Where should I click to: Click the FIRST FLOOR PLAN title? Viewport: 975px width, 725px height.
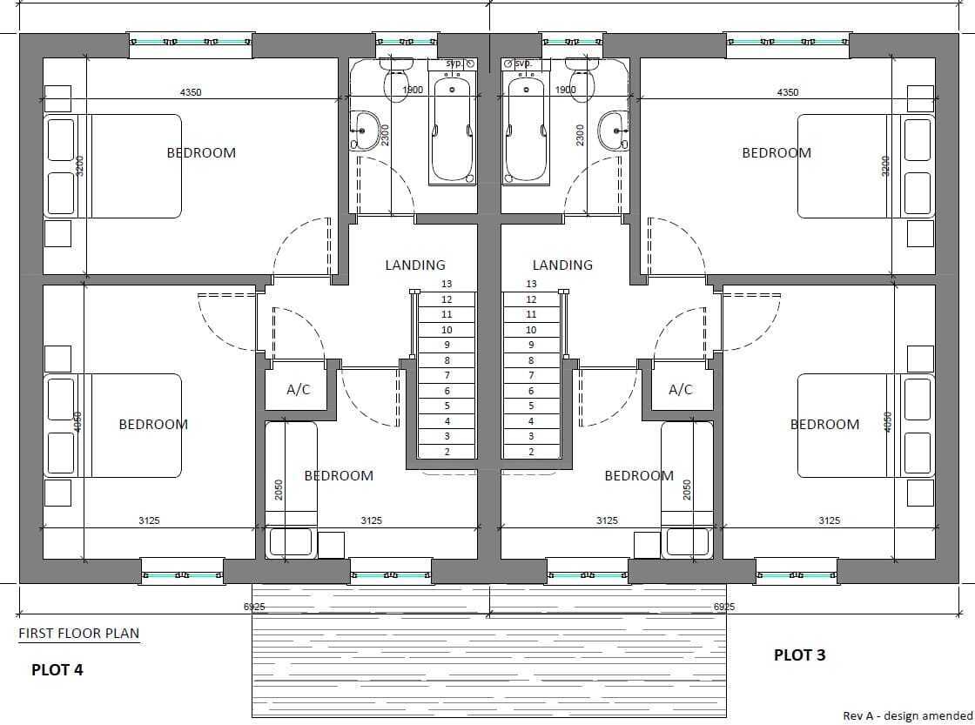pyautogui.click(x=79, y=633)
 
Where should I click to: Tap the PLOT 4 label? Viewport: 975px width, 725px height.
pyautogui.click(x=57, y=669)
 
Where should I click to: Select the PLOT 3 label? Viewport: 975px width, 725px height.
pyautogui.click(x=800, y=655)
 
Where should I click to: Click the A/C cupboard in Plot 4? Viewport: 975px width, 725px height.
pyautogui.click(x=297, y=389)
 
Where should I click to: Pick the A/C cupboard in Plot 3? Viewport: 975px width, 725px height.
pyautogui.click(x=681, y=389)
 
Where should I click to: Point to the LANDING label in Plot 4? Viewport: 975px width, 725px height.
pyautogui.click(x=415, y=265)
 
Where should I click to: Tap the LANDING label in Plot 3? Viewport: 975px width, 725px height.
pyautogui.click(x=562, y=265)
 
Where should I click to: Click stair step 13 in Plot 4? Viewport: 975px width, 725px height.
pyautogui.click(x=447, y=284)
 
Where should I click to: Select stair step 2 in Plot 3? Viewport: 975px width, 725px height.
pyautogui.click(x=531, y=452)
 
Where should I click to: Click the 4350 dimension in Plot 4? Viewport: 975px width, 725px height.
pyautogui.click(x=191, y=92)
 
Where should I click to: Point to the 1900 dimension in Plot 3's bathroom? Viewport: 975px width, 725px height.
pyautogui.click(x=565, y=90)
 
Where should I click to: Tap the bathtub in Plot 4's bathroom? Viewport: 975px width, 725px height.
pyautogui.click(x=452, y=128)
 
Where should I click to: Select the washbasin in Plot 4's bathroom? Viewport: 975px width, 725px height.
pyautogui.click(x=365, y=131)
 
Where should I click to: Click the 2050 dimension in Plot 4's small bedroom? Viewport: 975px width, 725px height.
pyautogui.click(x=279, y=490)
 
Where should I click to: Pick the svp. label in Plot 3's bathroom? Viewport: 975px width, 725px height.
pyautogui.click(x=523, y=64)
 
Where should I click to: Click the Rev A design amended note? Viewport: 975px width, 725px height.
pyautogui.click(x=908, y=716)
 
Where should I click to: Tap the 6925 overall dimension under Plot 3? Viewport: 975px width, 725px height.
pyautogui.click(x=724, y=607)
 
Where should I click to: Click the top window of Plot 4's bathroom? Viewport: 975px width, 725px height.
pyautogui.click(x=407, y=42)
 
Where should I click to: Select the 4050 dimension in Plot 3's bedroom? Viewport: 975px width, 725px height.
pyautogui.click(x=888, y=422)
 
